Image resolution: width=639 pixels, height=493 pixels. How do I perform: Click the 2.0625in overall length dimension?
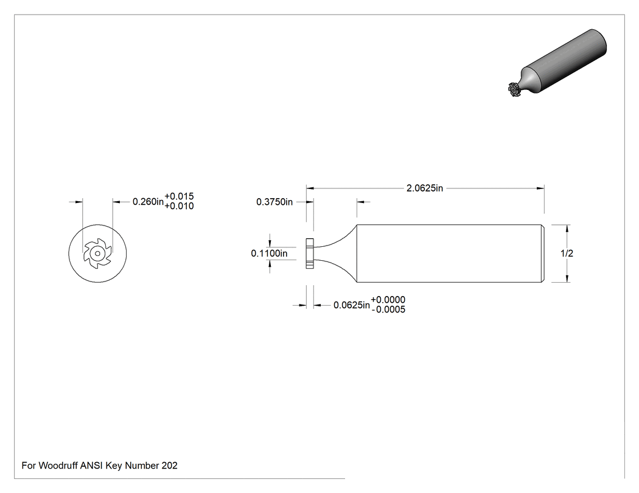(x=424, y=188)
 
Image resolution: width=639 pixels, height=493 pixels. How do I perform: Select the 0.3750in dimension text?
(x=274, y=202)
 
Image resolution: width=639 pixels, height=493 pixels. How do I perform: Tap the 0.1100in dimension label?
(x=269, y=253)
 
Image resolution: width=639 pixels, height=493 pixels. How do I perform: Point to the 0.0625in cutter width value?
(x=352, y=305)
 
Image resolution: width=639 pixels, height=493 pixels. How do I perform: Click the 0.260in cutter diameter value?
(x=148, y=201)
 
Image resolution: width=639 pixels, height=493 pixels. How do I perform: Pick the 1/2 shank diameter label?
(x=567, y=253)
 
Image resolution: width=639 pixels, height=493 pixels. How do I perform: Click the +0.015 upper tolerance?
(x=179, y=196)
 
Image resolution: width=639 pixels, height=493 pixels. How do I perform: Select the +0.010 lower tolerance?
(x=179, y=206)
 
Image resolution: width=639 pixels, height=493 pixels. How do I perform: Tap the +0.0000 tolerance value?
(x=388, y=300)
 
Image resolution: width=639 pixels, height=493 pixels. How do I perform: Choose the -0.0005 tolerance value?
(x=388, y=309)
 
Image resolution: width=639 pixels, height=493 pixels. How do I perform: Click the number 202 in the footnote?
(x=170, y=465)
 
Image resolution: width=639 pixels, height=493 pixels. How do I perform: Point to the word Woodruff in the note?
(x=58, y=465)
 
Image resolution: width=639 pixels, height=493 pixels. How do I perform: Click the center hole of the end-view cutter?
(x=97, y=253)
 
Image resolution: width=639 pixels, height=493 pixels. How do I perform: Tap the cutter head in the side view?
(x=310, y=253)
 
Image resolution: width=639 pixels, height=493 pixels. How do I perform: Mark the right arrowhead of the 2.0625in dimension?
(x=540, y=188)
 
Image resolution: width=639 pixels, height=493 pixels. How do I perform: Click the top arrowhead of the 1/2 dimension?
(x=567, y=229)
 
